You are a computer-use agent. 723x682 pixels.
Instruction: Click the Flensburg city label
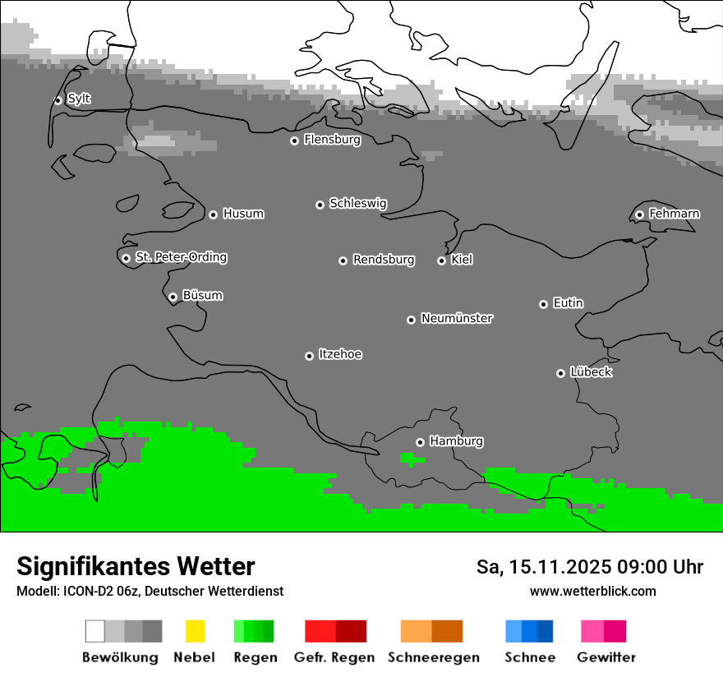[332, 140]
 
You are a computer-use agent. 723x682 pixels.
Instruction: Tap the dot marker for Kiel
[441, 260]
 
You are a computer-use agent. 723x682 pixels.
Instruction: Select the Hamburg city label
[456, 441]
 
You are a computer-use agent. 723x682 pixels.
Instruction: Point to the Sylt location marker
[58, 100]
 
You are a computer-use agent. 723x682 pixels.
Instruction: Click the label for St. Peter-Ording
[181, 257]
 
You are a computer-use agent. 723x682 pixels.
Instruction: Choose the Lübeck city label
[591, 372]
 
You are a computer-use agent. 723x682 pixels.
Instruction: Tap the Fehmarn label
[674, 214]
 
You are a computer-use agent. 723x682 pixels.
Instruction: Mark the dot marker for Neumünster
[411, 320]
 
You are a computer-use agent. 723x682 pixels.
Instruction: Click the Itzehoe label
[340, 354]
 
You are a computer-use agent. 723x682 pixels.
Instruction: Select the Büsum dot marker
[173, 297]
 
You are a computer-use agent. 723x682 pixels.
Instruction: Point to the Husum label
[243, 214]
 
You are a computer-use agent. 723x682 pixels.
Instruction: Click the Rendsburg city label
[384, 260]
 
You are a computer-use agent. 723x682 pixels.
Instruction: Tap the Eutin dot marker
[543, 304]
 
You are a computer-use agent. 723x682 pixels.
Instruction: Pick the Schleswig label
[357, 203]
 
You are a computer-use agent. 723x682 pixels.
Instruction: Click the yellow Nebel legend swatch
[195, 631]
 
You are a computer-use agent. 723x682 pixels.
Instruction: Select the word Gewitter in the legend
[606, 657]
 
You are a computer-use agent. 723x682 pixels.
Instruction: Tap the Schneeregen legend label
[433, 657]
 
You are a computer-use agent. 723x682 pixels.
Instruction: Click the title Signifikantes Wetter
[136, 566]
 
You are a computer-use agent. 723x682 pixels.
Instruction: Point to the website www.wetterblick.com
[592, 591]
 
